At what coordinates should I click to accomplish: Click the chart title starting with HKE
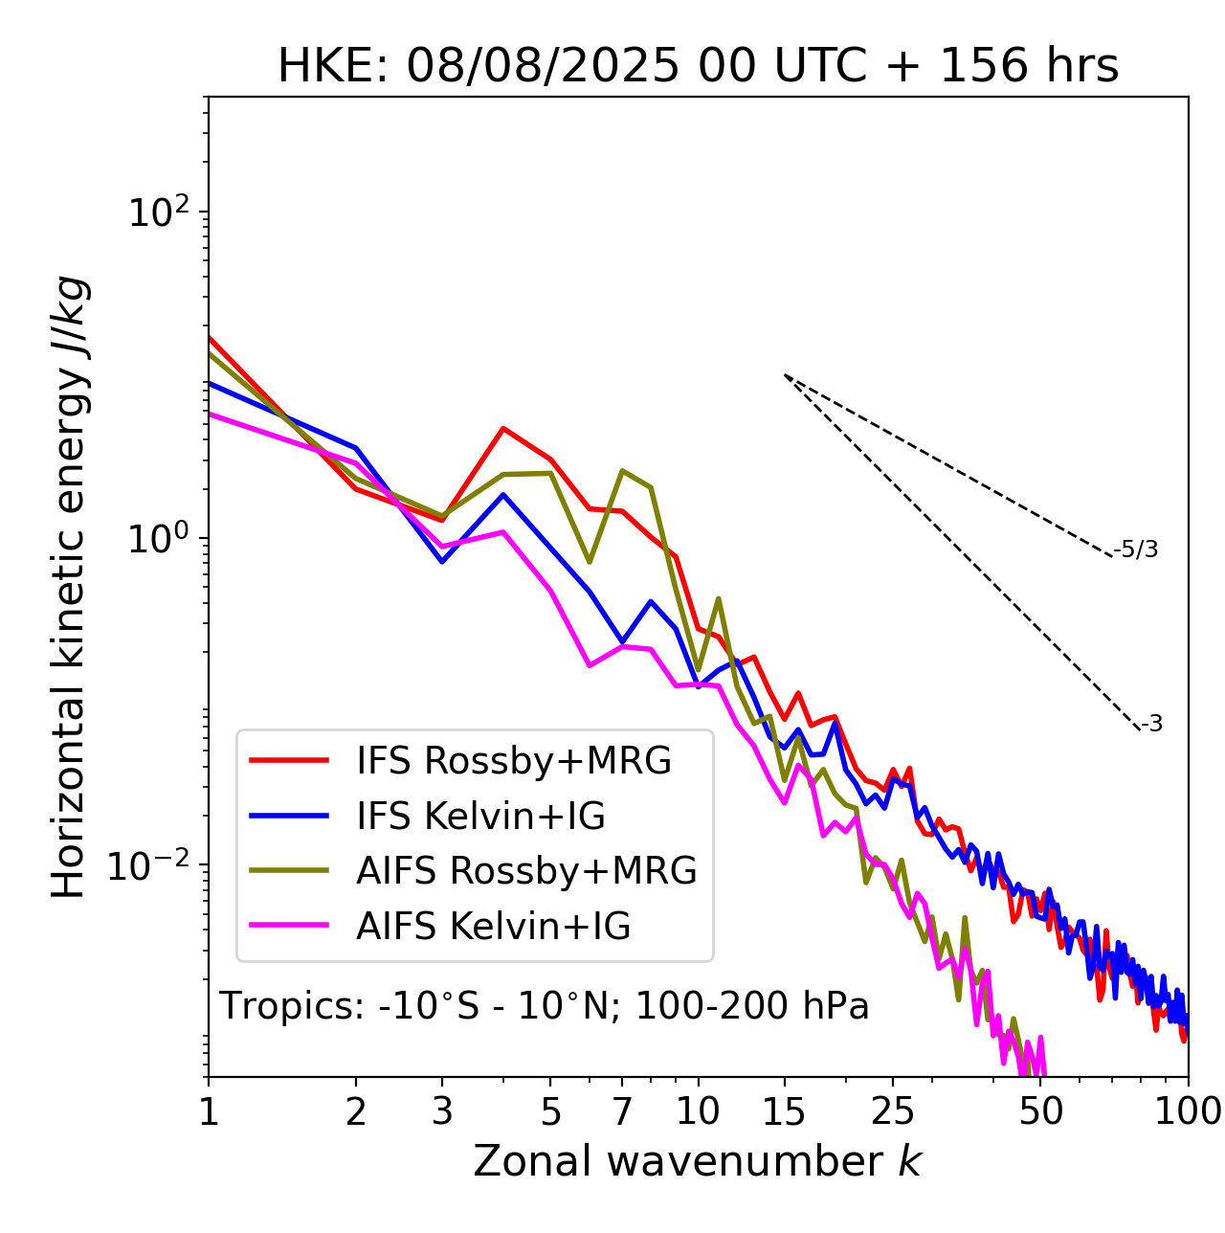(698, 66)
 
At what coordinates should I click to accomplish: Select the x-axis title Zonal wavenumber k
(698, 1161)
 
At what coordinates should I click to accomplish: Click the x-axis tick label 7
(622, 1111)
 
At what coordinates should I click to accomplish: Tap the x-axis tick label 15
(785, 1111)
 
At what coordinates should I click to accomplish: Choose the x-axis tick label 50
(1041, 1111)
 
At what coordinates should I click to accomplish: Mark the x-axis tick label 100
(1188, 1111)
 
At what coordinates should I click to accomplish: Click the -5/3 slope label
(1137, 549)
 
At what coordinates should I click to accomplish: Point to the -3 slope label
(1152, 725)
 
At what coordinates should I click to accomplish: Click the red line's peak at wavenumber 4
(503, 428)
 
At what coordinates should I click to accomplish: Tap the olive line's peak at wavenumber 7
(622, 470)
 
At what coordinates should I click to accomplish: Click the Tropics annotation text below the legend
(544, 1006)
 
